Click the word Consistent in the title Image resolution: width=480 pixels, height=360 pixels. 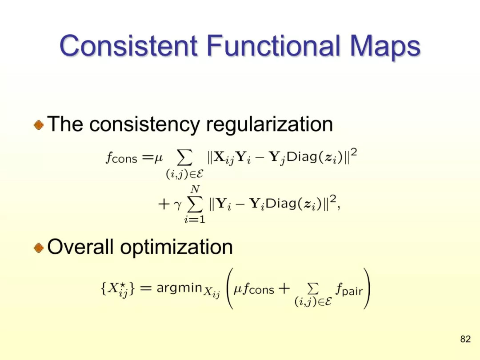coord(128,45)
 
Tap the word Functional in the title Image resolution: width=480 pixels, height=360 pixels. coord(273,45)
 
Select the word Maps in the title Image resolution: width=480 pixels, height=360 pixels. coord(385,48)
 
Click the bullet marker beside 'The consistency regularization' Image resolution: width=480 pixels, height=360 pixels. coord(39,125)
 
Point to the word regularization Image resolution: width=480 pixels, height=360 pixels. coord(269,124)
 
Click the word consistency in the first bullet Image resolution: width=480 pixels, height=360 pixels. coord(144,124)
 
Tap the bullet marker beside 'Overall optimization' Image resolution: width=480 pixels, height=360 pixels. coord(39,248)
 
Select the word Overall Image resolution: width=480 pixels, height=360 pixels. coord(80,246)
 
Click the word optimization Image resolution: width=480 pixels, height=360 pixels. coord(176,248)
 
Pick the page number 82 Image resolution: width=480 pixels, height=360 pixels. coord(465,339)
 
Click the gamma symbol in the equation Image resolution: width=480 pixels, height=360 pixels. coord(177,205)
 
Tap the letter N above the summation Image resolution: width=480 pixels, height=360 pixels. coord(194,189)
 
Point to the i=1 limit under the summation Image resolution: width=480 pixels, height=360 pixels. coord(194,219)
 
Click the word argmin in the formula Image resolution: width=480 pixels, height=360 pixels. coord(180,288)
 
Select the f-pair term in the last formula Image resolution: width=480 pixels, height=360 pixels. coord(349,289)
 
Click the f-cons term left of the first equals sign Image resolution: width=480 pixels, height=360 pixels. coord(121,157)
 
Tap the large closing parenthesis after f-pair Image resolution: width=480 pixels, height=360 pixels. coord(367,288)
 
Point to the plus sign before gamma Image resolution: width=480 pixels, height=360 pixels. coord(164,204)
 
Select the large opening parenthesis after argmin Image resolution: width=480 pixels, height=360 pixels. coord(230,288)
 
